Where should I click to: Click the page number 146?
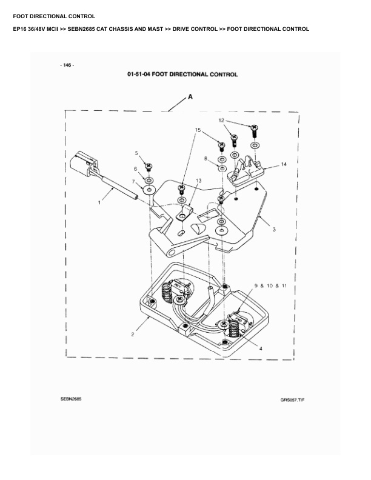tap(67, 64)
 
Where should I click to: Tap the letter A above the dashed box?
tap(190, 97)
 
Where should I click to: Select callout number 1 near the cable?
tap(99, 203)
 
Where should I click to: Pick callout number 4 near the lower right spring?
tap(261, 348)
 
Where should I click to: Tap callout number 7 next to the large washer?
tap(134, 182)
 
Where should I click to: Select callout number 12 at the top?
tap(221, 121)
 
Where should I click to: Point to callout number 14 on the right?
tap(284, 164)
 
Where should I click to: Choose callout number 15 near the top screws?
tap(198, 130)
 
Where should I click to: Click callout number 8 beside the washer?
tap(207, 158)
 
